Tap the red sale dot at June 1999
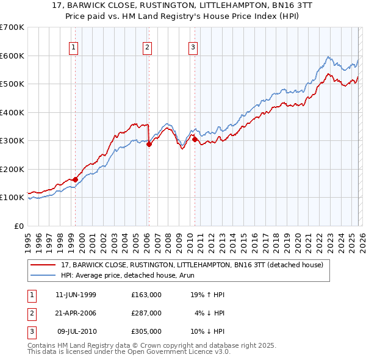76,179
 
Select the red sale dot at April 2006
149,145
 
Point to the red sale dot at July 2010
195,140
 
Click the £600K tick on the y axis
12,56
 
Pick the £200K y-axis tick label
12,169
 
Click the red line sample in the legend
43,265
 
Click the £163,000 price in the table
146,295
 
